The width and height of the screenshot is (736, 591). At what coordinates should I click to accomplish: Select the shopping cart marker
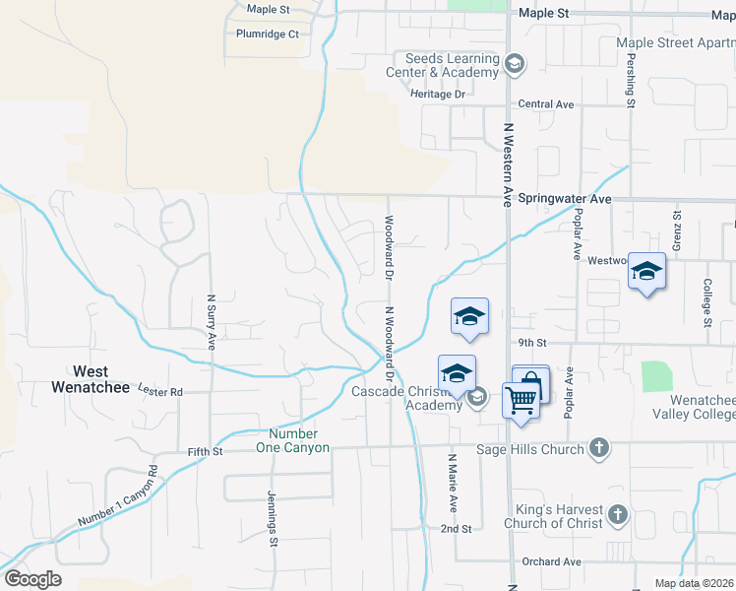(x=520, y=400)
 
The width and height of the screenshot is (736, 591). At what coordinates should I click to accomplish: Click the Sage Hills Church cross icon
(x=597, y=449)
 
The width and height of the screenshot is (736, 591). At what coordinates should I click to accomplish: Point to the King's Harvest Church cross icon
(x=617, y=514)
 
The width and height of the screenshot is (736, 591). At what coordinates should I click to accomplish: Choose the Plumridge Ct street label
(x=267, y=33)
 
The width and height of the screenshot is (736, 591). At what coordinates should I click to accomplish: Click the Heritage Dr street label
(x=438, y=94)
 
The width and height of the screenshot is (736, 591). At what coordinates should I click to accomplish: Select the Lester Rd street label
(x=160, y=391)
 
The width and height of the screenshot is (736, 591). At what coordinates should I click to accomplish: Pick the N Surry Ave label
(x=211, y=321)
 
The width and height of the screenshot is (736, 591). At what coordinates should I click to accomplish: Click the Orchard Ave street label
(x=552, y=561)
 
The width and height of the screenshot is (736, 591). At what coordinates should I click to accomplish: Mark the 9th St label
(x=532, y=343)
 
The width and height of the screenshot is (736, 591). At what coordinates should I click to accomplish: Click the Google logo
(x=32, y=579)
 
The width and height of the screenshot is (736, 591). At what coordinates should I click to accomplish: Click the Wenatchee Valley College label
(x=688, y=408)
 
